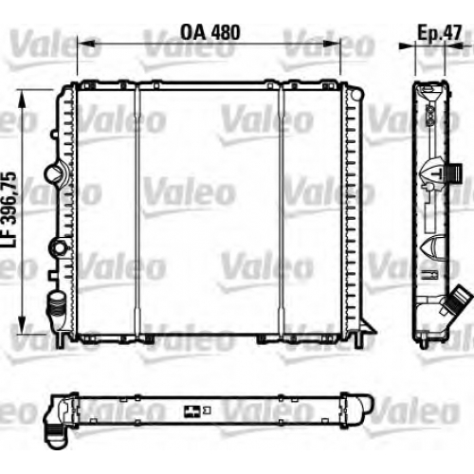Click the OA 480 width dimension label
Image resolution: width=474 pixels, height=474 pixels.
(x=210, y=32)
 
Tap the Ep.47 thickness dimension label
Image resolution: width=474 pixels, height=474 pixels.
(x=440, y=32)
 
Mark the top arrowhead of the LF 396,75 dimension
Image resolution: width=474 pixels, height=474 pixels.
(x=22, y=99)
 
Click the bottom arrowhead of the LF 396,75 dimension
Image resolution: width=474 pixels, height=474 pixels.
(x=22, y=324)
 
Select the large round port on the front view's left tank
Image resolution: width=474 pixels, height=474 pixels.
(x=54, y=173)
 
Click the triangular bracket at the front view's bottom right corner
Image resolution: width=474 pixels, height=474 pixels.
(x=367, y=326)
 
